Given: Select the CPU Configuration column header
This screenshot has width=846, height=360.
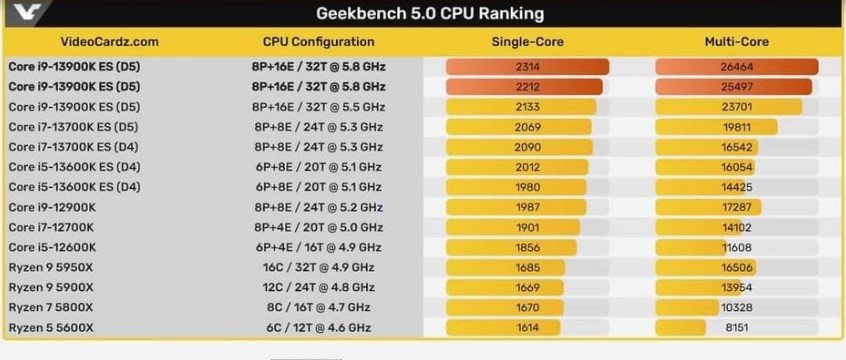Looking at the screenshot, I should [x=318, y=42].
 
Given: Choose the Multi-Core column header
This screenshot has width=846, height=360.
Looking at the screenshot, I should [x=738, y=42].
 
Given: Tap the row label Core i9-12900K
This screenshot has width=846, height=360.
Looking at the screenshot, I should [x=53, y=207].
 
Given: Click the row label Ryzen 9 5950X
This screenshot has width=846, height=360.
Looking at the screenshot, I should [x=51, y=267].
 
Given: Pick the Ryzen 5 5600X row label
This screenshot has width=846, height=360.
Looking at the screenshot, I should [x=51, y=327].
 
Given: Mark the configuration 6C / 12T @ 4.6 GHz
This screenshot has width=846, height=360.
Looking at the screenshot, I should [x=318, y=327].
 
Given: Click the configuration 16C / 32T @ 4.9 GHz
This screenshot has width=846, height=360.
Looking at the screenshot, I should [x=318, y=267].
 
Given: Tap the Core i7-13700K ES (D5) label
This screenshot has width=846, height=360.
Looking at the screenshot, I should [x=74, y=127].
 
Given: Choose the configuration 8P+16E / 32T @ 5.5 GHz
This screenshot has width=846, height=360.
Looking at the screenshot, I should [x=318, y=107].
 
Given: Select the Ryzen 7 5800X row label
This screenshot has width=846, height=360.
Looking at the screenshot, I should [x=51, y=307].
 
